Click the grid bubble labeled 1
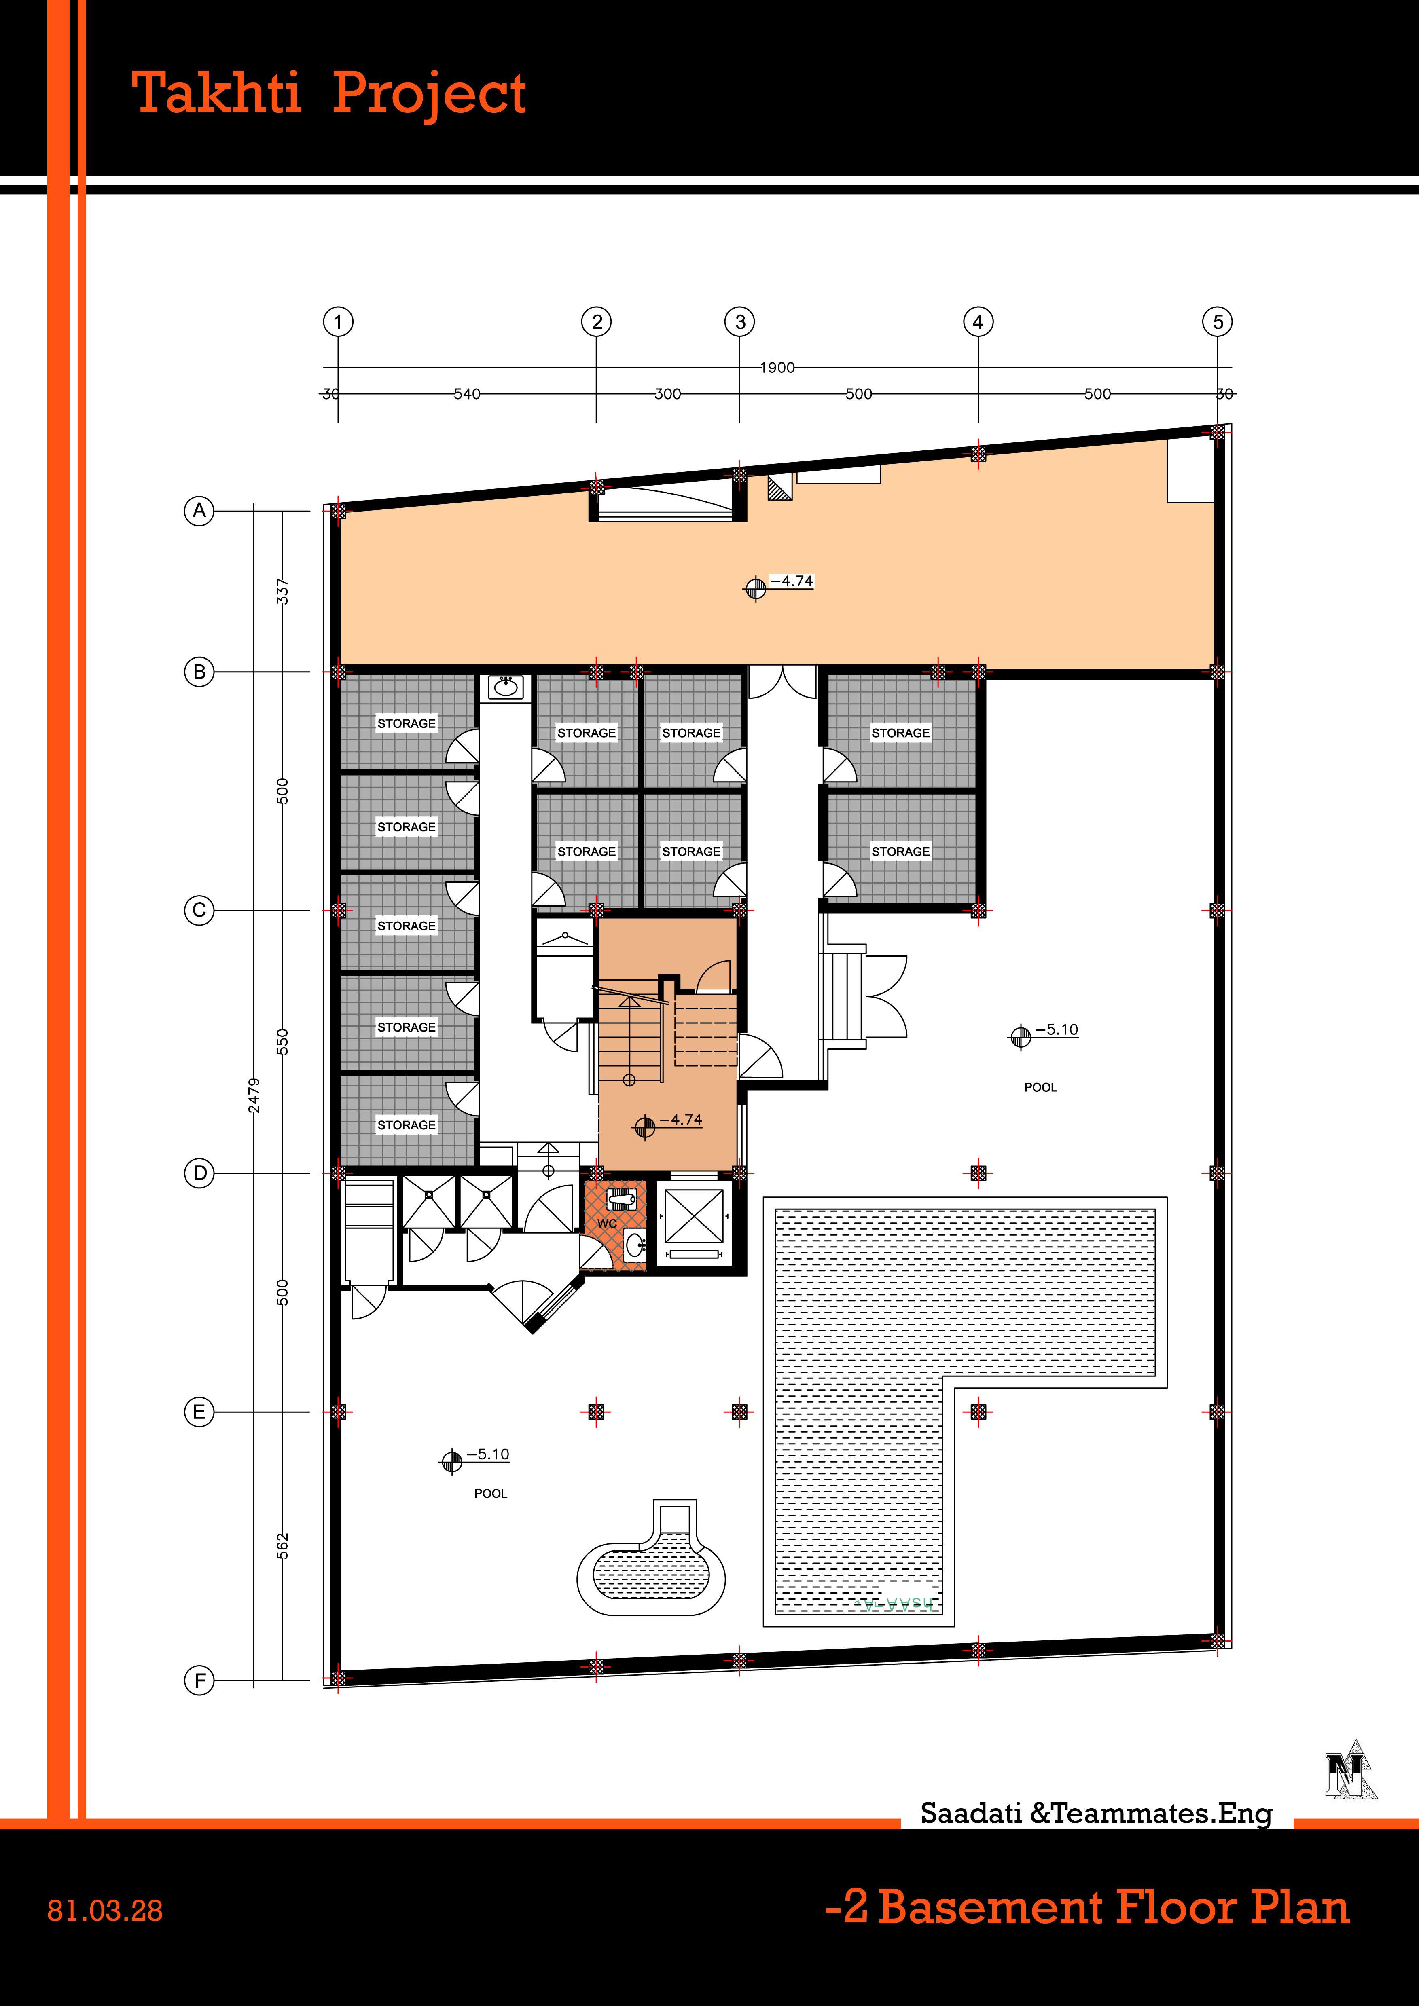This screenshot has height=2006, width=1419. coord(338,321)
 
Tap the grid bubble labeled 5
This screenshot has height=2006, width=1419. coord(1218,321)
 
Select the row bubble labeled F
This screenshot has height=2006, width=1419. coord(199,1680)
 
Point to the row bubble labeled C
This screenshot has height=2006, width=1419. coord(199,910)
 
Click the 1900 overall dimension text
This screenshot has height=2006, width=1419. coord(777,368)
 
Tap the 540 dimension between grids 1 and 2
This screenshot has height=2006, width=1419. coord(466,394)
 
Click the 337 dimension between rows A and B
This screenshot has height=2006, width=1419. coord(282,592)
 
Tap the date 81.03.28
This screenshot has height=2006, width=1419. coord(105,1911)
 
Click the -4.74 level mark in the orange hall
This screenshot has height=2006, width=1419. coord(792,581)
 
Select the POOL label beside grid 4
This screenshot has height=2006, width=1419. coord(1041,1088)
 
